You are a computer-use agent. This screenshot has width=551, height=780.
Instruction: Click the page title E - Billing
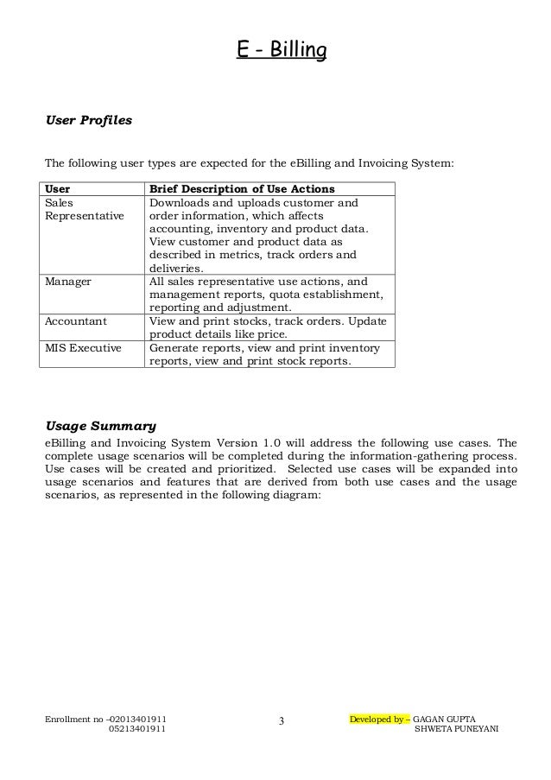282,52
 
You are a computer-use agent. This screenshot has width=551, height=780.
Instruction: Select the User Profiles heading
88,121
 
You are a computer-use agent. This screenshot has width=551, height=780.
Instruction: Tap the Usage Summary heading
100,426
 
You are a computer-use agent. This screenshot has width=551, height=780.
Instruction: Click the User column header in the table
58,190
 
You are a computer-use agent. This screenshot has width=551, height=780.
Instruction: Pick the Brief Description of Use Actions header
243,190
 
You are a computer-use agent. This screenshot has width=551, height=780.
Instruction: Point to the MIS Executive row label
82,348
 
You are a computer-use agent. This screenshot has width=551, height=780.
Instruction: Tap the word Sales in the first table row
60,203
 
